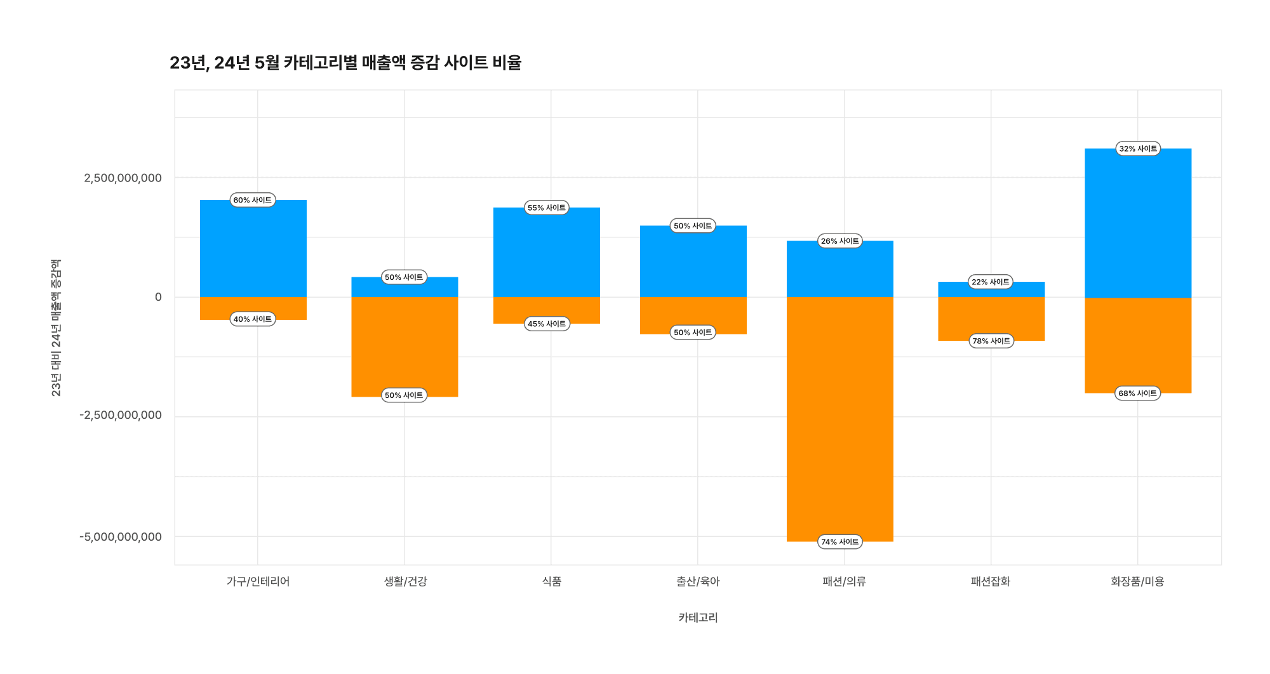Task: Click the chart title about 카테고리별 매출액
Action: coord(345,63)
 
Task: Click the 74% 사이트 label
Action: coord(839,541)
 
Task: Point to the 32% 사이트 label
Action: coord(1138,149)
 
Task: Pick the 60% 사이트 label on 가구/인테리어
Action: coord(252,200)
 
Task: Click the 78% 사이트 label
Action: coord(991,341)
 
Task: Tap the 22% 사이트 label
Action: coord(990,282)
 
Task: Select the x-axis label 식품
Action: coord(551,581)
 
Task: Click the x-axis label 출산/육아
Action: coord(697,581)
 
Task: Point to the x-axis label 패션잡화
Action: coord(990,581)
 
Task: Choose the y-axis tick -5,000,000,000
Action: coord(121,537)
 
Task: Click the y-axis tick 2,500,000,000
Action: coord(123,178)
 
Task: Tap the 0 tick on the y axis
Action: coord(158,297)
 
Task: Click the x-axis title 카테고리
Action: coord(697,618)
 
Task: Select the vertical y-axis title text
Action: coord(56,327)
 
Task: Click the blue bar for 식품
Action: coord(546,254)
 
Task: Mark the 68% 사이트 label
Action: coord(1137,393)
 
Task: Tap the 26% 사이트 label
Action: coord(839,241)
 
